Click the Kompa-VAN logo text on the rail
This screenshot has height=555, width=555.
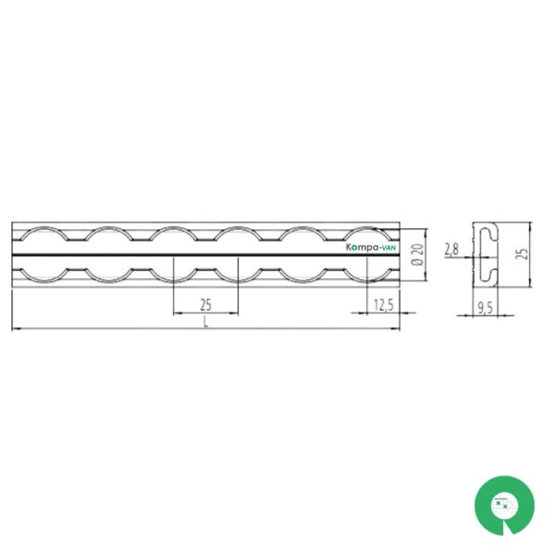[x=371, y=247]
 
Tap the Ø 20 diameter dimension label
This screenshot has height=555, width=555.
[x=418, y=254]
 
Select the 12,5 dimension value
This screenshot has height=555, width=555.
[x=384, y=304]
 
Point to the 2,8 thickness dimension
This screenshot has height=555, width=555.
[x=451, y=249]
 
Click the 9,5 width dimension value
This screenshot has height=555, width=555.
[x=486, y=308]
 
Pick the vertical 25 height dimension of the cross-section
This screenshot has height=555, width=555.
[x=523, y=253]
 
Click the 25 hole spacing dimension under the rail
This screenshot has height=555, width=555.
[x=205, y=304]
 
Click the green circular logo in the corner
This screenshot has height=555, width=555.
[x=504, y=505]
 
